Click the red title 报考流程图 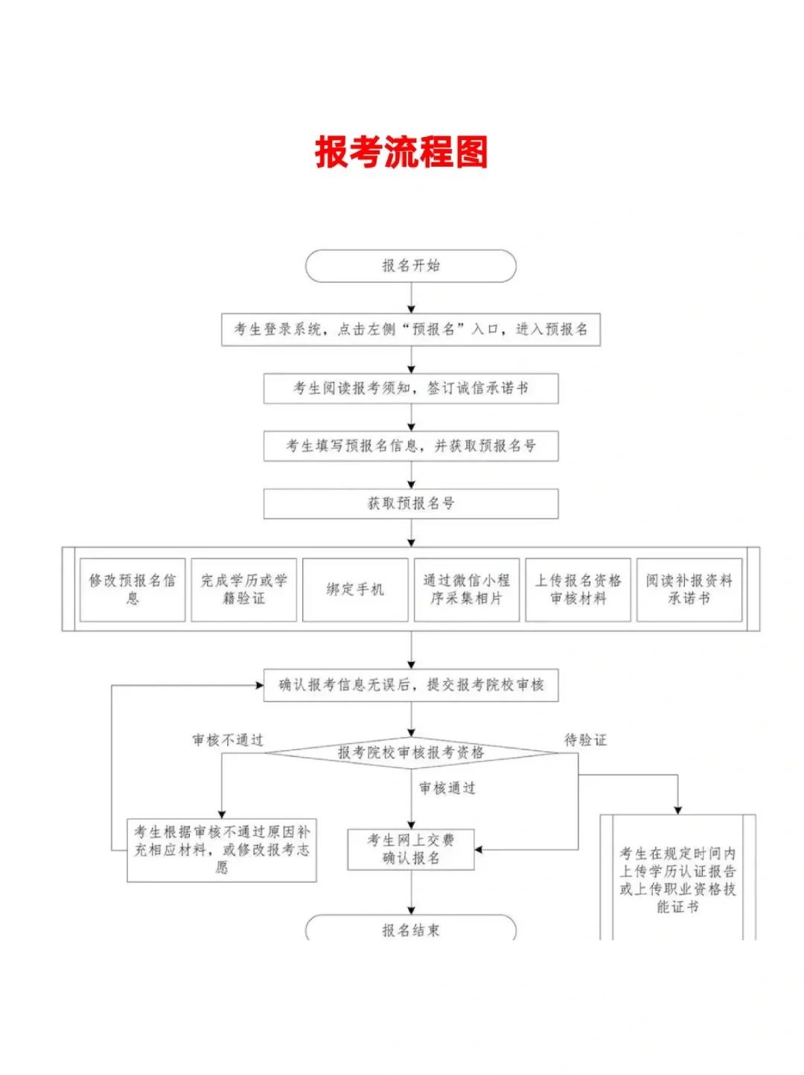[401, 153]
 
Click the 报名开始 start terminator [410, 266]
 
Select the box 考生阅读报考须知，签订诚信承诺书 [411, 389]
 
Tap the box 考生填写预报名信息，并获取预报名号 [411, 446]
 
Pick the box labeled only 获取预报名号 [411, 503]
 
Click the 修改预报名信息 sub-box [133, 590]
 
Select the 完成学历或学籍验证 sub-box [244, 590]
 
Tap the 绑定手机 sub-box [355, 590]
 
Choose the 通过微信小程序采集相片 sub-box [467, 590]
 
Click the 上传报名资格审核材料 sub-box [578, 590]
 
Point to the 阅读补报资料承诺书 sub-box [689, 590]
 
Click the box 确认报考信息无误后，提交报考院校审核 [411, 685]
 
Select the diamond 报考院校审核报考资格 [411, 753]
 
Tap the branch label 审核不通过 [228, 740]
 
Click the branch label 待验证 [586, 740]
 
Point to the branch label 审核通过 [447, 788]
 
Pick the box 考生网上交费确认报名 [411, 849]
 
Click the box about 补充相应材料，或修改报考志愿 [222, 850]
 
